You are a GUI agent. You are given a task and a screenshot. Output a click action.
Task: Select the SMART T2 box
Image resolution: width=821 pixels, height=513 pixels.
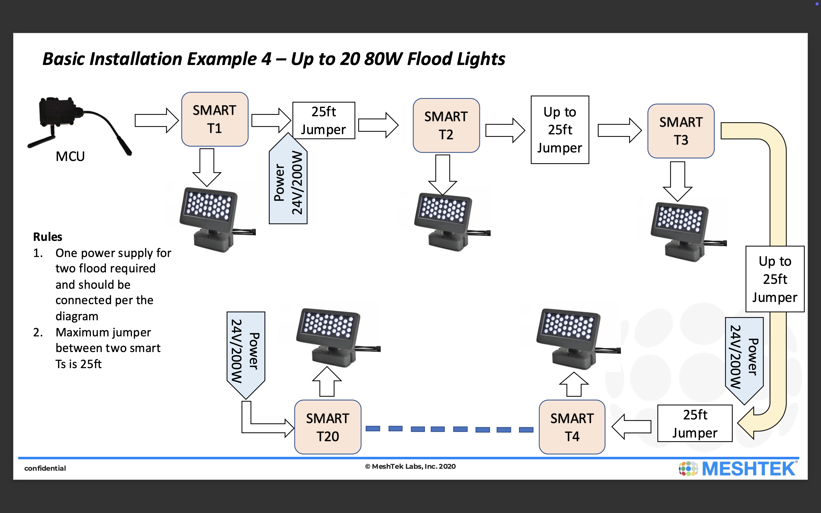click(446, 126)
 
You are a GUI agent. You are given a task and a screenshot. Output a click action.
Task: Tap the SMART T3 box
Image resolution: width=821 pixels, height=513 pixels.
click(681, 131)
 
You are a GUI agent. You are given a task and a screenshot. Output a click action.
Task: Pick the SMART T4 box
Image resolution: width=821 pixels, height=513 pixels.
click(572, 427)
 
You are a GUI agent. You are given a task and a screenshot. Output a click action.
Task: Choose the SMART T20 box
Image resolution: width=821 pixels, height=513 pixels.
click(328, 427)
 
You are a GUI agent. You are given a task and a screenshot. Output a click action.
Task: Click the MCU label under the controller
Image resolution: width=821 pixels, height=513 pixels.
click(70, 156)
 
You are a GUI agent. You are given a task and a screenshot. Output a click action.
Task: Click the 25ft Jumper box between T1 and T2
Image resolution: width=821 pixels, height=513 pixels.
click(324, 120)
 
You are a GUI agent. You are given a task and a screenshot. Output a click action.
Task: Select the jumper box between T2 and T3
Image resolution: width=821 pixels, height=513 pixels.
click(560, 130)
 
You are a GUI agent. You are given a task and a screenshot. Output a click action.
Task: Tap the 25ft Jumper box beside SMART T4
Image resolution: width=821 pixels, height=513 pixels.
click(695, 423)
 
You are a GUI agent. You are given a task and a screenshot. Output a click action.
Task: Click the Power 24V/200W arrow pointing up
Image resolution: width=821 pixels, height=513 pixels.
click(288, 182)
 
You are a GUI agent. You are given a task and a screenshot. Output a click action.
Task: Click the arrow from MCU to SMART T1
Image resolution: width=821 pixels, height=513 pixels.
click(156, 120)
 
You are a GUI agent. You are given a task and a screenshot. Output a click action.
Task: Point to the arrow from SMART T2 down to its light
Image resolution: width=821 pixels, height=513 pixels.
click(443, 174)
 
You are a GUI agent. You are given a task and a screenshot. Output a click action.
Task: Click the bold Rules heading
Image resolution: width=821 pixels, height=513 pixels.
click(47, 237)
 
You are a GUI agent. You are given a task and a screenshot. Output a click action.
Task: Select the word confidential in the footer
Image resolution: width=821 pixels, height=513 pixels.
click(45, 468)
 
